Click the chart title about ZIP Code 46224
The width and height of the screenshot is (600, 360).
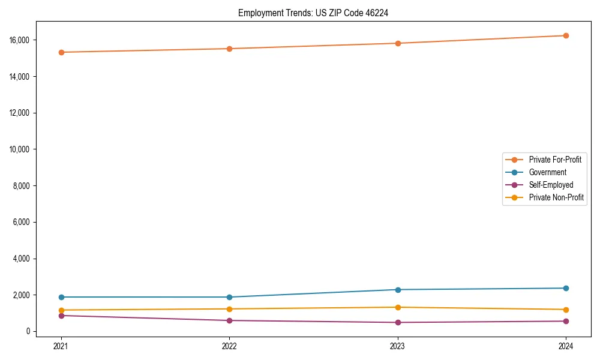click(x=313, y=13)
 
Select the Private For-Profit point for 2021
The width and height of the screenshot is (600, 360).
click(x=61, y=52)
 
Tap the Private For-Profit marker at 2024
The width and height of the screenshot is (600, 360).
click(x=566, y=35)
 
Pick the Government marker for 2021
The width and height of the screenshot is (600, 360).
click(x=61, y=297)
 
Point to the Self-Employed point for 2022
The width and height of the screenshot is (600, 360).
click(x=229, y=320)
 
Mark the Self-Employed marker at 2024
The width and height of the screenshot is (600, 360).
click(x=566, y=321)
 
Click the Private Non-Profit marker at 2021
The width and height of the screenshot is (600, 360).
click(x=61, y=310)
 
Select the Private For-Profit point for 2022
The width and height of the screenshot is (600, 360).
click(x=229, y=49)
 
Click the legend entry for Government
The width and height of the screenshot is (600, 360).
click(x=547, y=172)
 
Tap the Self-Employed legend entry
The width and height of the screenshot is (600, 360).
click(x=551, y=185)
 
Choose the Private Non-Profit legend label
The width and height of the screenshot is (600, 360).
click(x=556, y=197)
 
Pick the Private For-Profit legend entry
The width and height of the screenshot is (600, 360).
click(x=555, y=160)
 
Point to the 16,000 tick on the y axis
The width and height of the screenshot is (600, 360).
click(x=20, y=40)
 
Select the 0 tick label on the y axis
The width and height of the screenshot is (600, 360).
click(x=28, y=331)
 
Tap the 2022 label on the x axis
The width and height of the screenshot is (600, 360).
click(x=229, y=346)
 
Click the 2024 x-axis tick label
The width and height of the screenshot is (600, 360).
click(x=566, y=346)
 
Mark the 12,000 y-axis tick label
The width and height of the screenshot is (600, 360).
click(x=20, y=113)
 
